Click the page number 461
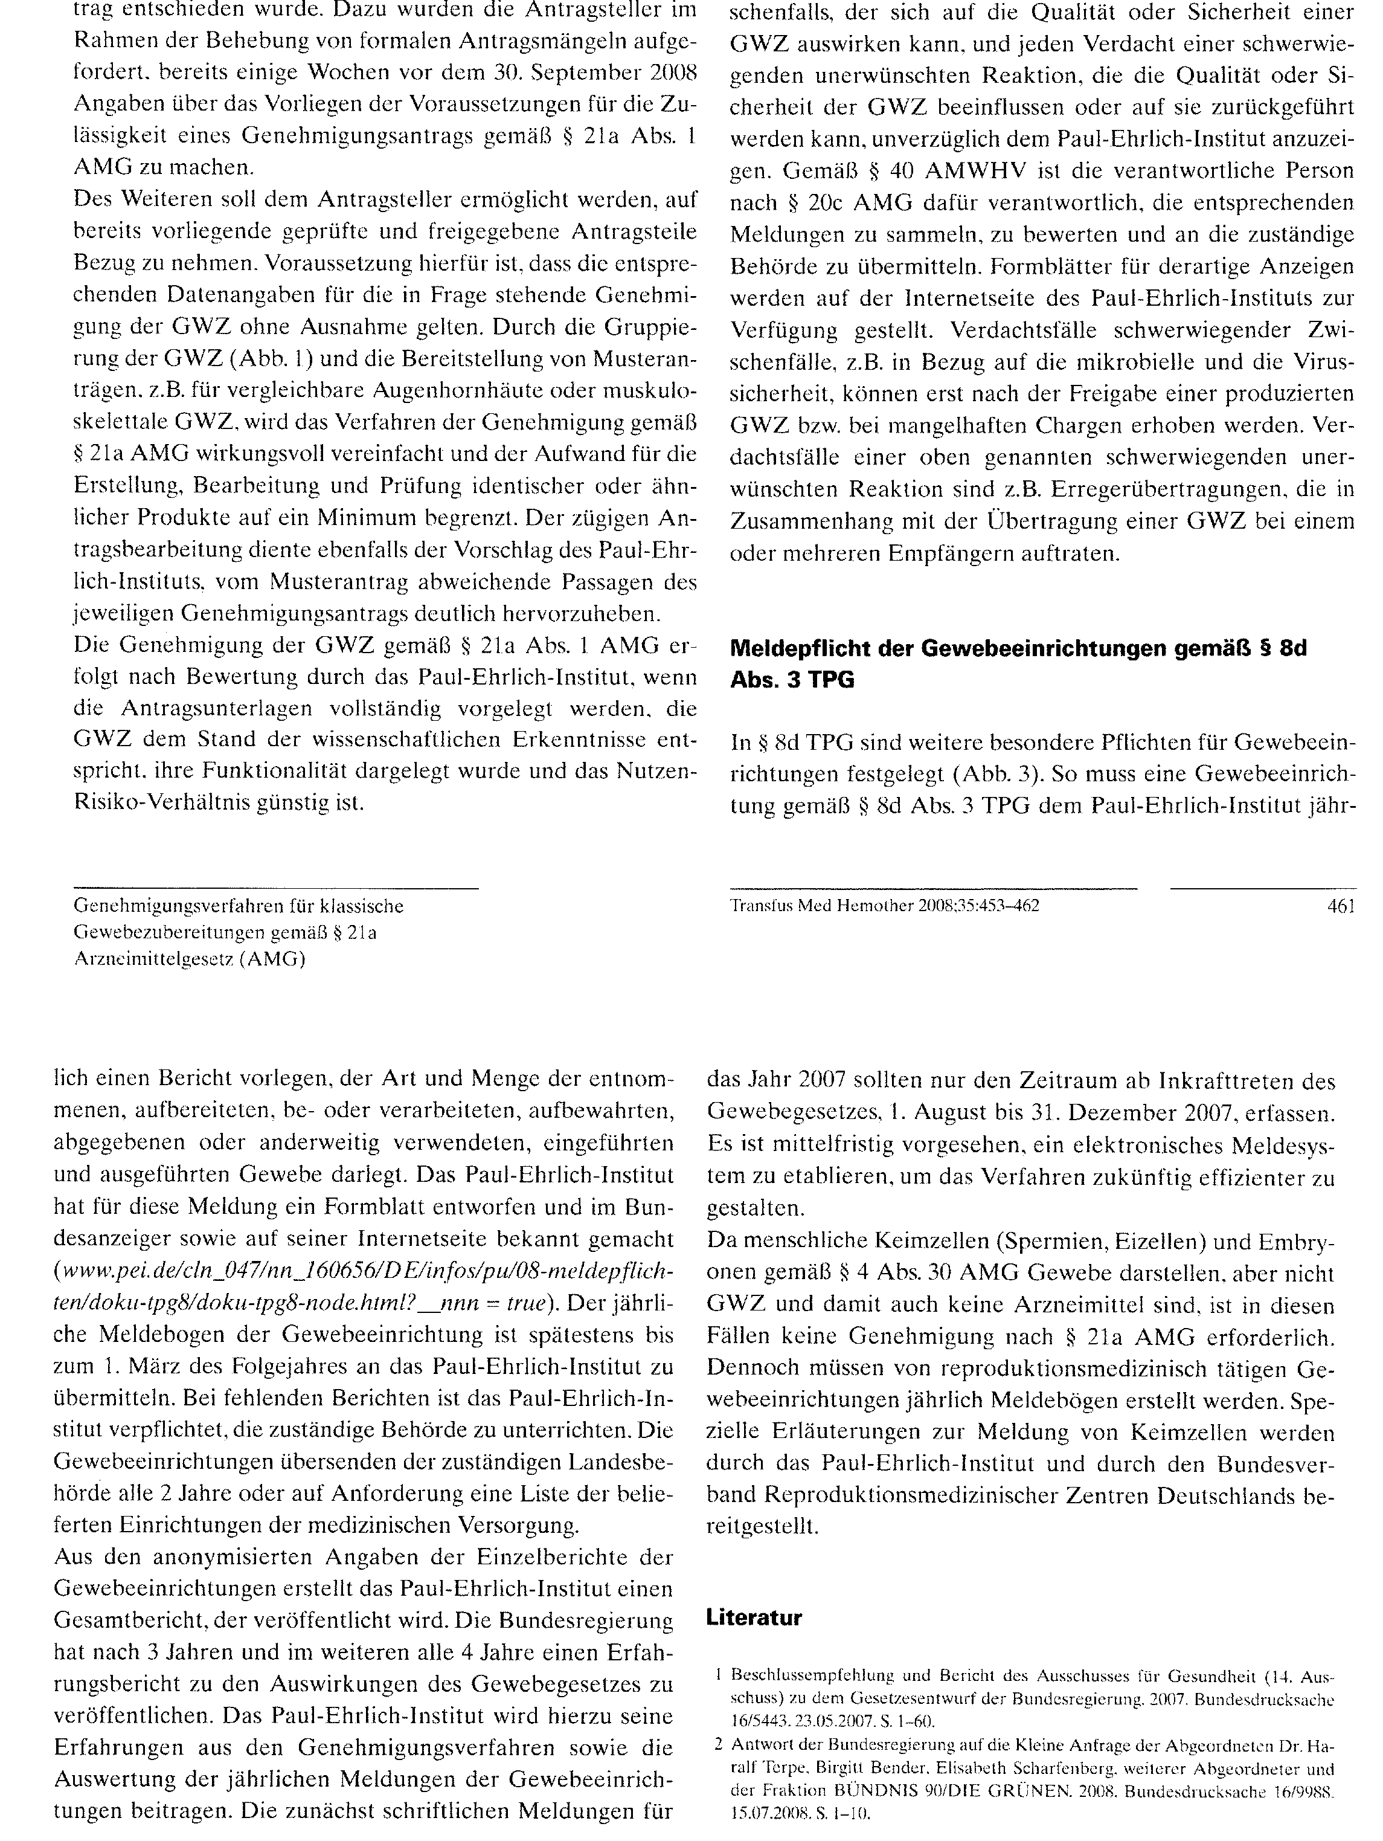(x=1341, y=906)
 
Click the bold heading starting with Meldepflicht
(x=1018, y=663)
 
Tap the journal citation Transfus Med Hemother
(x=884, y=906)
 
